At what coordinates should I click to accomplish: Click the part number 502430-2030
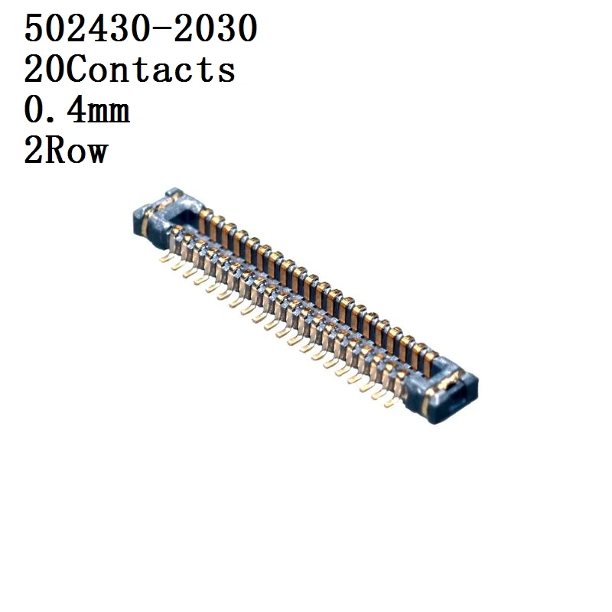coord(141,28)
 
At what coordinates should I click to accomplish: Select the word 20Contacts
coord(129,70)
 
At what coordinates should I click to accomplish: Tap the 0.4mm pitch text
coord(77,110)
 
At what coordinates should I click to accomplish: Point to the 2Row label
coord(66,151)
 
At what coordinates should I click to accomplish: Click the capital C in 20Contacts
coord(76,70)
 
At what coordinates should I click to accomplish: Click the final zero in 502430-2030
coord(246,28)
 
